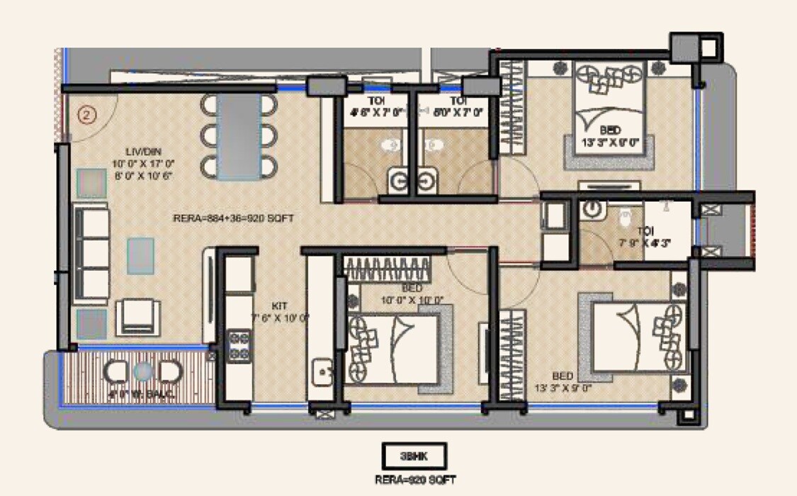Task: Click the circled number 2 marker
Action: pos(86,115)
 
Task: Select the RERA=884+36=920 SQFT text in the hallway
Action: pos(233,219)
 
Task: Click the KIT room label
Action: pos(280,305)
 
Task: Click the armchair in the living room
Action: pos(138,315)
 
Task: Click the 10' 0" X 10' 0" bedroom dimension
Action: pos(412,300)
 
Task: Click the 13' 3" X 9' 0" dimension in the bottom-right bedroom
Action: pos(563,388)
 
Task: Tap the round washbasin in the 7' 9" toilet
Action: pos(593,210)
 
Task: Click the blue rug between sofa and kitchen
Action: pos(140,255)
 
